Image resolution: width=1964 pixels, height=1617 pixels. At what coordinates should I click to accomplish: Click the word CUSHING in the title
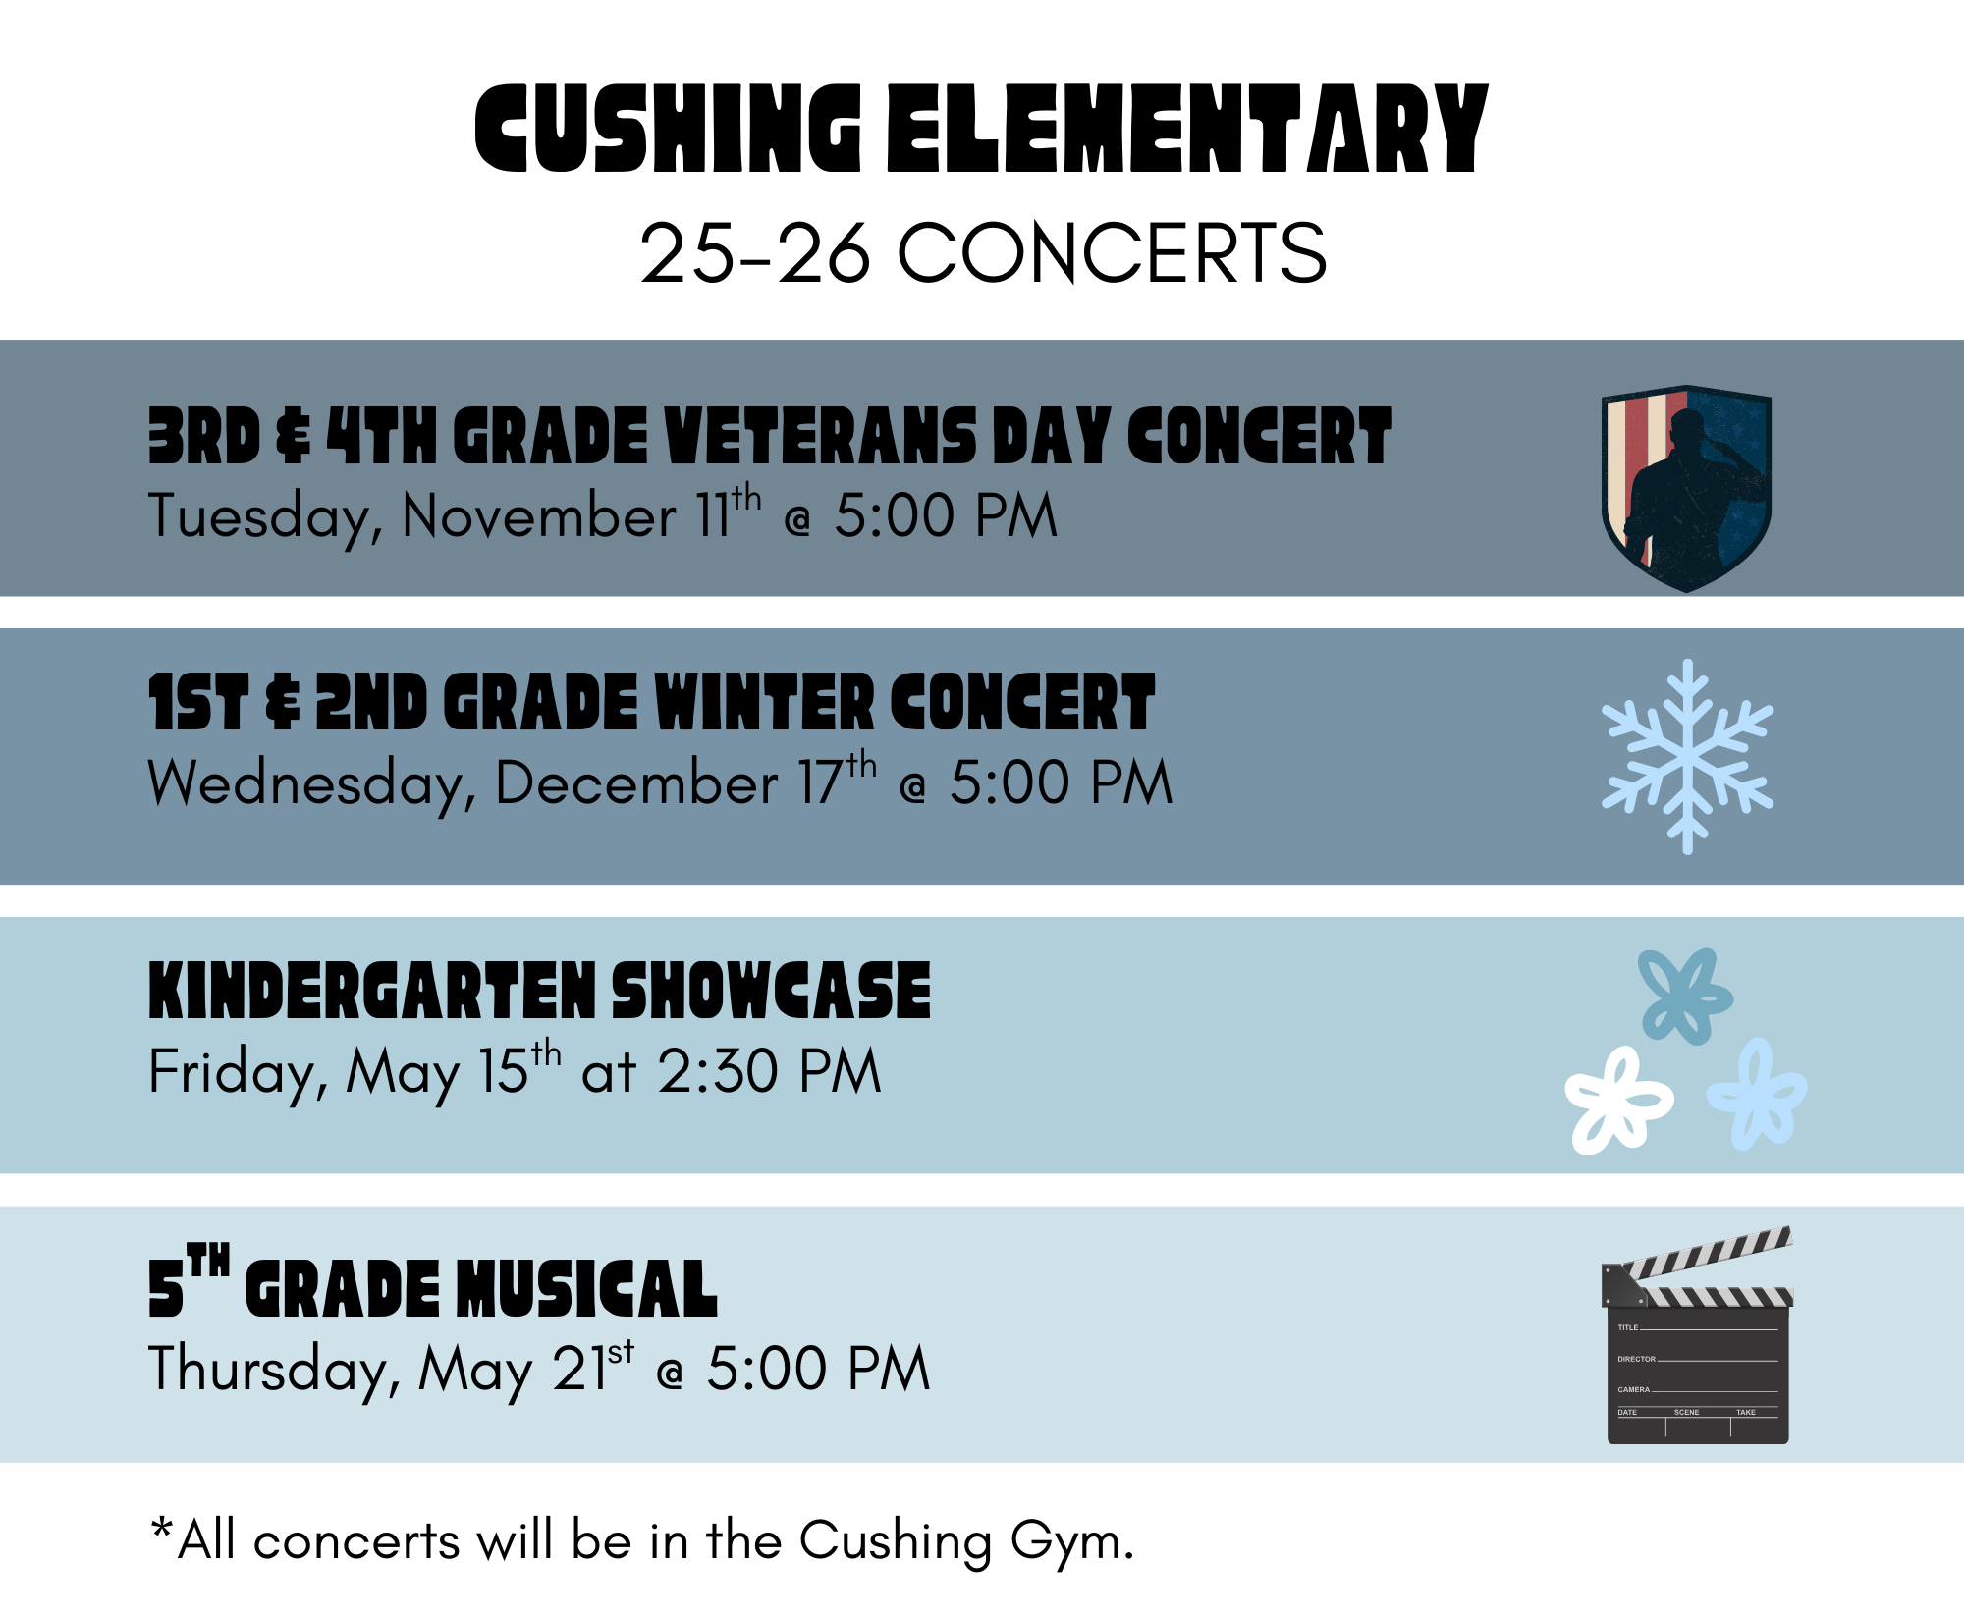pos(668,130)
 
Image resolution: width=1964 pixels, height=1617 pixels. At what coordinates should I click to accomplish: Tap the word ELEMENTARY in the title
pos(1187,130)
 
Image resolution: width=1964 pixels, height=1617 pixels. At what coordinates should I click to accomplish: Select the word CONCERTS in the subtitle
pos(1112,253)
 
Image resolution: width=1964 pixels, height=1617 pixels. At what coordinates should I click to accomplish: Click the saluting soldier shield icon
pos(1686,488)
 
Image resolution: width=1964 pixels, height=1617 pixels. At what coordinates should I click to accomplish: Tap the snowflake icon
pos(1687,756)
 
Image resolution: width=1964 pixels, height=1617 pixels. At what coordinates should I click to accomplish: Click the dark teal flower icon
pos(1684,995)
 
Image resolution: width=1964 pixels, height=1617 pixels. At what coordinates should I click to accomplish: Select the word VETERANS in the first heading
pos(821,437)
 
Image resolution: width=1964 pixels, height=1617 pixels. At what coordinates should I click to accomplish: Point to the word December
pos(636,784)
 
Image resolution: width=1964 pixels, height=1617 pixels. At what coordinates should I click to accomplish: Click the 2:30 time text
pos(718,1071)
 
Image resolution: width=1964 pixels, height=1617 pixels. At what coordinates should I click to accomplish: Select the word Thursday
pos(274,1371)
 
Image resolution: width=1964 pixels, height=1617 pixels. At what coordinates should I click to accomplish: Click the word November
pos(539,517)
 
